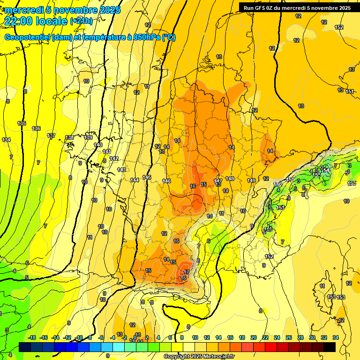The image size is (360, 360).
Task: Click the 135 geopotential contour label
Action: pyautogui.click(x=22, y=123)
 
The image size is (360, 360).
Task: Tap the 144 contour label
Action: pyautogui.click(x=135, y=180)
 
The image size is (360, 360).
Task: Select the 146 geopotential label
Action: pyautogui.click(x=166, y=181)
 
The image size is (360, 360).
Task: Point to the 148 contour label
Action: pyautogui.click(x=230, y=179)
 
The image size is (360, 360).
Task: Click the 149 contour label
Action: pyautogui.click(x=251, y=180)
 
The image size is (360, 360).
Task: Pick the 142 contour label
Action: pyautogui.click(x=114, y=158)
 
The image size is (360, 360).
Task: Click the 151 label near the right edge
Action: pyautogui.click(x=350, y=91)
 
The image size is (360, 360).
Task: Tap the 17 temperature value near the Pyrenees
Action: pyautogui.click(x=187, y=272)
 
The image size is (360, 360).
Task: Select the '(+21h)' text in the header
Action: pyautogui.click(x=81, y=21)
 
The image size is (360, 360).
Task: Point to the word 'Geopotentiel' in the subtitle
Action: pyautogui.click(x=27, y=37)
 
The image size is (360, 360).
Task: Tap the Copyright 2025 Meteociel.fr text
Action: pyautogui.click(x=199, y=357)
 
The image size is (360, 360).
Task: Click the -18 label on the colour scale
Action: pyautogui.click(x=32, y=337)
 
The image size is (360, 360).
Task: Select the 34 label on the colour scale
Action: pyautogui.click(x=335, y=337)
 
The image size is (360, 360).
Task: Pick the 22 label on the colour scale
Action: pyautogui.click(x=265, y=337)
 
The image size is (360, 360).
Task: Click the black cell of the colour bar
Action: pyautogui.click(x=330, y=347)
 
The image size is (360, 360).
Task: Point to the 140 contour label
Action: pyautogui.click(x=98, y=145)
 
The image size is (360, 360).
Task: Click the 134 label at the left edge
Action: pyautogui.click(x=6, y=140)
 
